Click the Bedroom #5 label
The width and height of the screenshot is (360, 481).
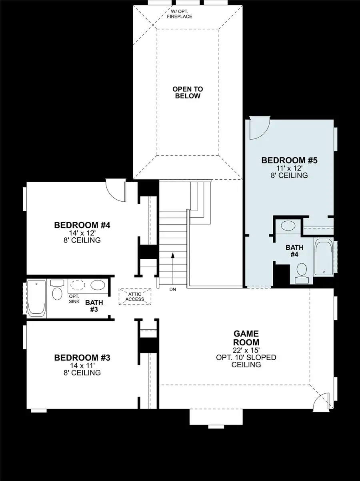[289, 160]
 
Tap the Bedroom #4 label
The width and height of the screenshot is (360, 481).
[82, 225]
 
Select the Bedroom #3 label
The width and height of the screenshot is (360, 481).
[82, 357]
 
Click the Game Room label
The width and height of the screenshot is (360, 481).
[246, 338]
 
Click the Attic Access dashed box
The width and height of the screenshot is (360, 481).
[135, 297]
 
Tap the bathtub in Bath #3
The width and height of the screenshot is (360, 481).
[36, 298]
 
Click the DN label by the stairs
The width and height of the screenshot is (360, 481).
[172, 289]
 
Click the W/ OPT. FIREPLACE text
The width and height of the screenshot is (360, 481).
[179, 14]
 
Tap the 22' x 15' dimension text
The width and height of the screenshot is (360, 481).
[246, 350]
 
